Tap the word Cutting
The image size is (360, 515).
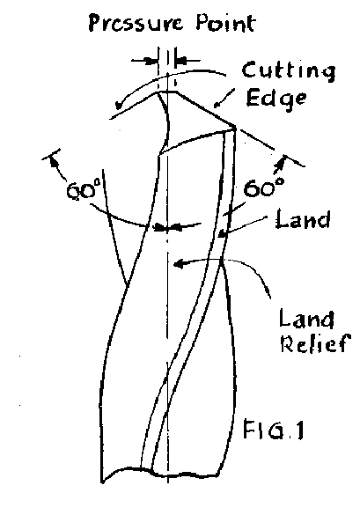pos(289,71)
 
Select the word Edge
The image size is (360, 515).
pos(276,98)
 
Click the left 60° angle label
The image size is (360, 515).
pos(82,190)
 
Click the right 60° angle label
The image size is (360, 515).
pos(264,188)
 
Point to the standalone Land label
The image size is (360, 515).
pos(303,218)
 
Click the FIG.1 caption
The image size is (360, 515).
pos(273,430)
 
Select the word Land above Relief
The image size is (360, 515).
pos(306,318)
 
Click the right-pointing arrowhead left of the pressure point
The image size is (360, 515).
pos(151,61)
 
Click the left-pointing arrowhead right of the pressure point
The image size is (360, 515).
pos(181,61)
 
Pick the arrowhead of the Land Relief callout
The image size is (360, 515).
pos(179,263)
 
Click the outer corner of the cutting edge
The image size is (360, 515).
pos(235,127)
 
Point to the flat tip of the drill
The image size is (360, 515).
pos(167,92)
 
